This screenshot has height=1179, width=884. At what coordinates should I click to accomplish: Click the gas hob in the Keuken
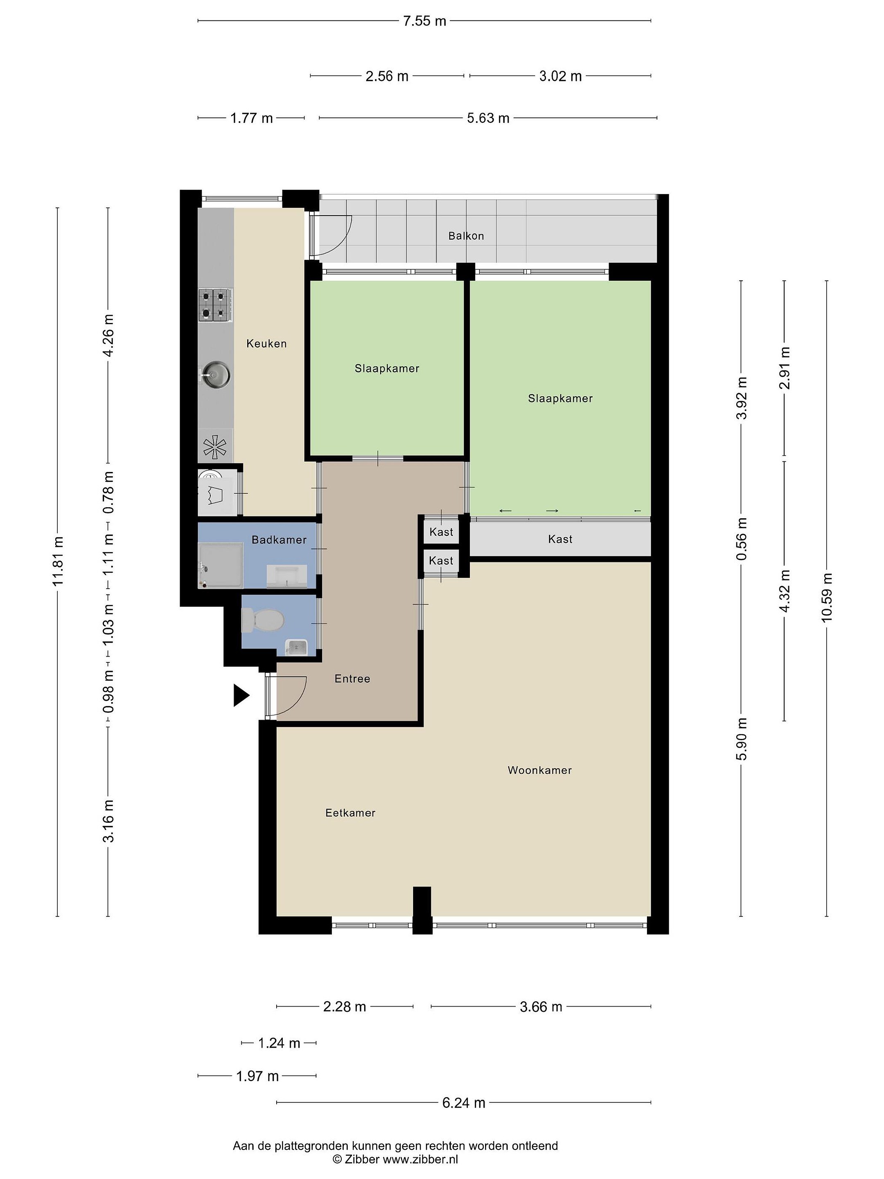(216, 305)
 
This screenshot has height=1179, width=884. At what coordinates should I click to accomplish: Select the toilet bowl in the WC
(262, 621)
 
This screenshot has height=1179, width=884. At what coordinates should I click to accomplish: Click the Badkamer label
(279, 540)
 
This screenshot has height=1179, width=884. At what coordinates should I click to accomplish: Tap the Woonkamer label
(539, 770)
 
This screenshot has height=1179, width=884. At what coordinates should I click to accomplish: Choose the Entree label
(352, 678)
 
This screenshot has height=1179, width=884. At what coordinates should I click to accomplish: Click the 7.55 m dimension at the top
(425, 21)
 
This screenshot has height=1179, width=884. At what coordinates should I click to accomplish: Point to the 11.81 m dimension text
(58, 561)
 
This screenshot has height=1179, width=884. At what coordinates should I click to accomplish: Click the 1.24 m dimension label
(279, 1043)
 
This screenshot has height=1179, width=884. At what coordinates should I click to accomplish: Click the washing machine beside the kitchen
(217, 492)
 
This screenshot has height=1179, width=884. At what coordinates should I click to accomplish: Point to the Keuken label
(266, 344)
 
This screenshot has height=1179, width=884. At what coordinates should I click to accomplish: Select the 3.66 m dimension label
(541, 1007)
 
